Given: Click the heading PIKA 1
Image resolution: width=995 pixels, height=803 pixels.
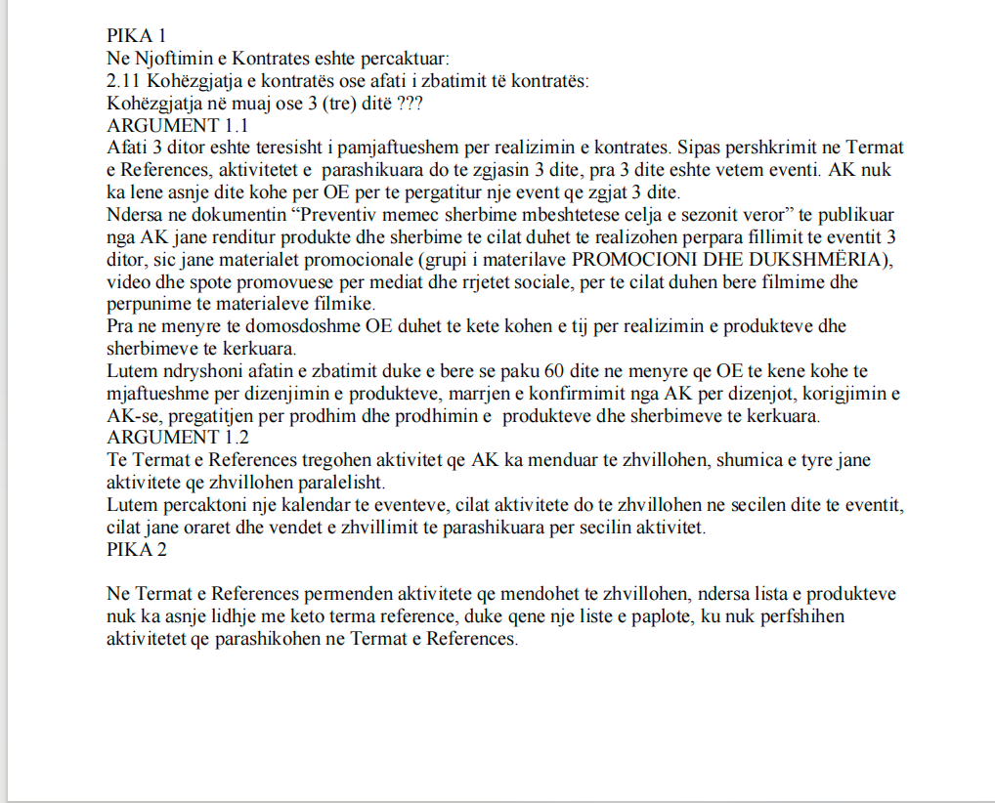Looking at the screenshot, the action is pyautogui.click(x=137, y=37).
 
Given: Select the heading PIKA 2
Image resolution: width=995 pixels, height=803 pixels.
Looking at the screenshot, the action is pyautogui.click(x=137, y=550).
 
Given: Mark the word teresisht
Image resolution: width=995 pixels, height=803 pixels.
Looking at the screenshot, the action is pyautogui.click(x=290, y=148).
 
